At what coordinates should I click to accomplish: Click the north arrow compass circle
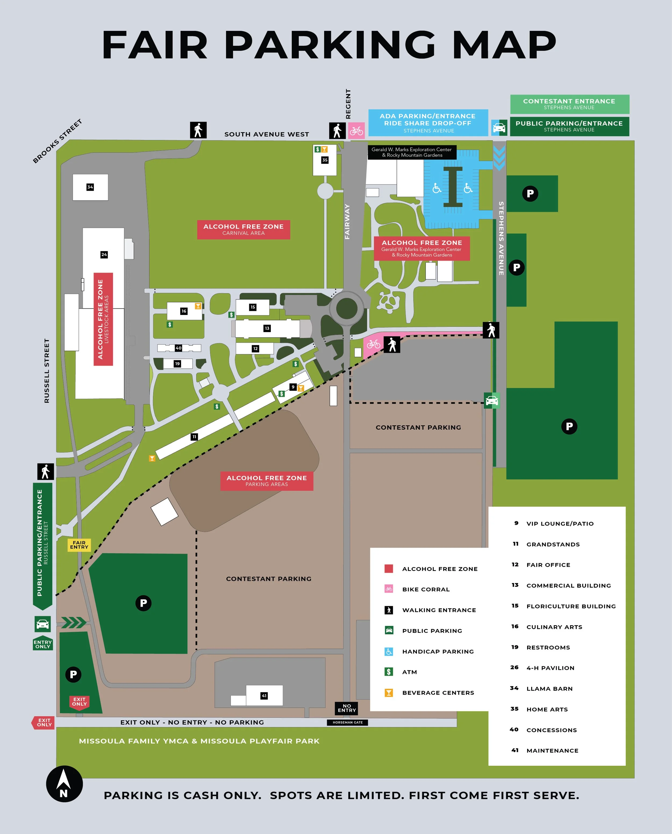[x=64, y=784]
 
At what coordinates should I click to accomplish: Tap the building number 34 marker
[x=90, y=187]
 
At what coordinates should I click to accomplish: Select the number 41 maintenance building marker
[x=264, y=696]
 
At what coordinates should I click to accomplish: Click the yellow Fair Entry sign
[x=79, y=545]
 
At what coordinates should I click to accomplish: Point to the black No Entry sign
[x=346, y=708]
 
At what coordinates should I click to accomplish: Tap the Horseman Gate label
[x=347, y=722]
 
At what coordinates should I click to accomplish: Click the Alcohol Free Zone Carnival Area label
[x=244, y=229]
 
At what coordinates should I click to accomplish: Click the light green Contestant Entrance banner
[x=569, y=104]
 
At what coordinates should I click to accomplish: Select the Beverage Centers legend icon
[x=389, y=692]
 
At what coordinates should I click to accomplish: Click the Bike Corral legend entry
[x=426, y=589]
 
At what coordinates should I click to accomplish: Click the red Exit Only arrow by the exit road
[x=43, y=722]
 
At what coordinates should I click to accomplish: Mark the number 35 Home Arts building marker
[x=325, y=160]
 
